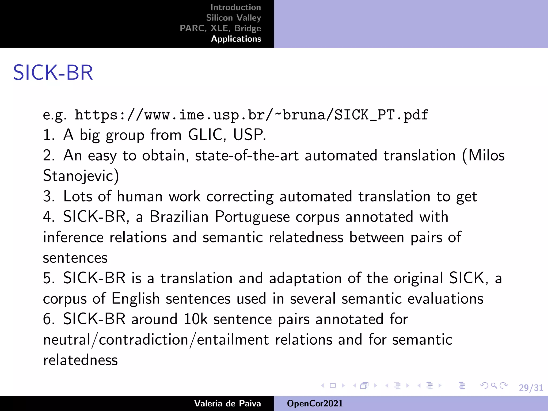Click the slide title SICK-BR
pos(53,73)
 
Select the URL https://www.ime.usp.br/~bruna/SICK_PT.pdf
pos(251,115)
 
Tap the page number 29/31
pos(531,387)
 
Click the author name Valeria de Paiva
pos(227,403)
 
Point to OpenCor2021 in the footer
pos(315,403)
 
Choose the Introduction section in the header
pos(235,7)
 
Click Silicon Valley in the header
pos(233,18)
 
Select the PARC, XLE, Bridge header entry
pos(220,28)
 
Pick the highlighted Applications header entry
pos(236,39)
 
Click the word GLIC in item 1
pos(205,135)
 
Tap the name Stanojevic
pos(81,176)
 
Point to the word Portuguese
pos(252,217)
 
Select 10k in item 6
pos(195,319)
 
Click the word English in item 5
pos(135,299)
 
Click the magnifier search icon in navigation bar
pos(494,386)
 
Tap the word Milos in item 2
pos(486,155)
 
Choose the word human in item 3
pos(140,196)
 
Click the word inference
pos(73,237)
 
